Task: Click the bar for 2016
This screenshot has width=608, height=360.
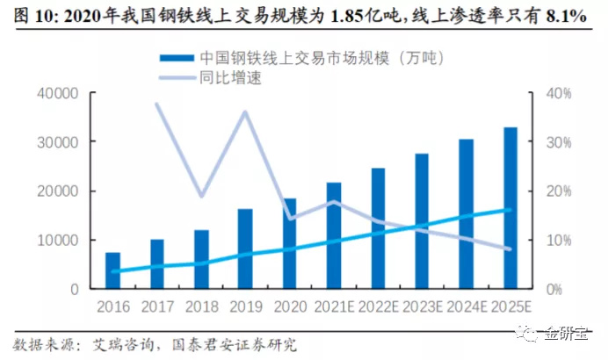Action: click(112, 270)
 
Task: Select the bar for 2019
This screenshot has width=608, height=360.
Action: click(245, 248)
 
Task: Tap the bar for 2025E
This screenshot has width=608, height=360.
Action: click(510, 208)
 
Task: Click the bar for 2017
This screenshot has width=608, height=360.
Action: click(156, 263)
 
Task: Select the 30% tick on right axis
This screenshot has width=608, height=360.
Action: click(561, 142)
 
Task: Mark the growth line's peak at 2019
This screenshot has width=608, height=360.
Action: click(245, 112)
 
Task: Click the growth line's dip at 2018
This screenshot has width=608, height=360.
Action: click(201, 196)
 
